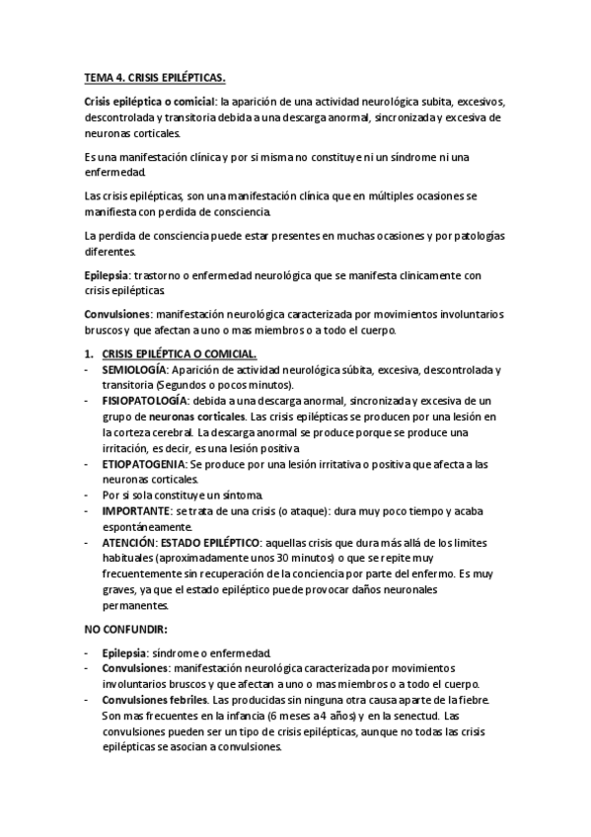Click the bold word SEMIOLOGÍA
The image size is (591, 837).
tap(134, 370)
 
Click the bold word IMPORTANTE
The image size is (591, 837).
tap(135, 510)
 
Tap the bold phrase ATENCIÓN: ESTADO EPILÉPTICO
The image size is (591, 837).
tap(181, 542)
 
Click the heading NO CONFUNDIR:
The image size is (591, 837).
tap(125, 628)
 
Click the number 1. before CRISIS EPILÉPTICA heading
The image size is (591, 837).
tap(88, 353)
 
